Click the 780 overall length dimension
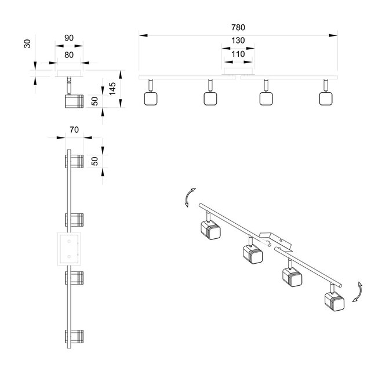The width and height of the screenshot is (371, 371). (x=238, y=27)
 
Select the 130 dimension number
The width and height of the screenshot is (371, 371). (x=238, y=40)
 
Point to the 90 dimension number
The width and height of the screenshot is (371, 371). (x=68, y=38)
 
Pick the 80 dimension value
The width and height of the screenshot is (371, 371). (x=68, y=54)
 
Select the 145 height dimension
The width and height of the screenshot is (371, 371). (x=113, y=88)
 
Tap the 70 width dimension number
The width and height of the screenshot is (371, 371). (x=73, y=130)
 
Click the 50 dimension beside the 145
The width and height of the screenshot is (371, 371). (x=94, y=100)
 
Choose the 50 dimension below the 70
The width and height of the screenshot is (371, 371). (x=94, y=160)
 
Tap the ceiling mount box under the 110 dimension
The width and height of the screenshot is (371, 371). (x=238, y=71)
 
